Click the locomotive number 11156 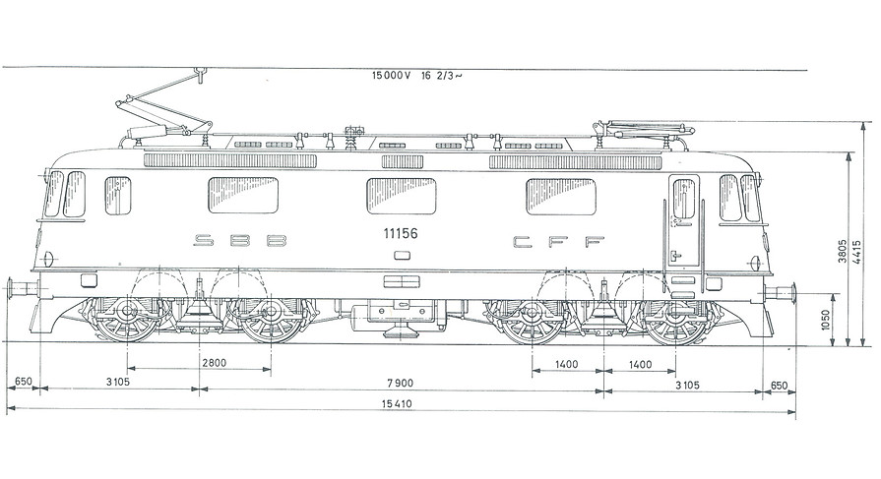tap(401, 234)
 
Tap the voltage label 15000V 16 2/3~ tap(416, 76)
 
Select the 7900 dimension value tap(400, 383)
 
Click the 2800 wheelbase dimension tap(214, 363)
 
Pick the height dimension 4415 tap(856, 253)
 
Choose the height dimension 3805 tap(843, 253)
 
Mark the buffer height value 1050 tap(825, 320)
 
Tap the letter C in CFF tap(523, 241)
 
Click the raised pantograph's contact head tap(200, 73)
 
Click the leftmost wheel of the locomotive tap(126, 314)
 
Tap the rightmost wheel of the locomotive tap(675, 316)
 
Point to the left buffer tap(23, 288)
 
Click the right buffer tap(780, 292)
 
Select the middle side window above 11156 tap(402, 196)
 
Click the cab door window tap(683, 199)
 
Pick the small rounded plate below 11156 tap(403, 256)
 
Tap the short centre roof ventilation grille tap(403, 161)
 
